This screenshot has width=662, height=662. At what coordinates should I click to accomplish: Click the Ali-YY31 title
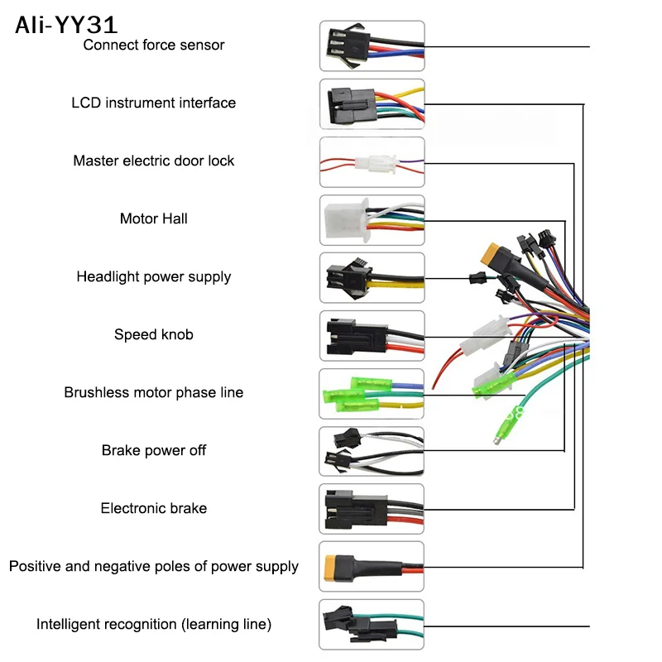66,25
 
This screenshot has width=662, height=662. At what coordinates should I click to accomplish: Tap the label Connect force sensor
154,45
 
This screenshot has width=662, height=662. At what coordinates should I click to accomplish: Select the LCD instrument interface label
154,103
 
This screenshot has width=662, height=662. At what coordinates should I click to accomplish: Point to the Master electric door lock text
154,161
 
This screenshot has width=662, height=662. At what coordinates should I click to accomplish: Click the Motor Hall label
154,218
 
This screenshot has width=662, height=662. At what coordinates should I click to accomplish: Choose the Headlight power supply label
154,276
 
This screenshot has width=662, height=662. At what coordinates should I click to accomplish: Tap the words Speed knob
154,334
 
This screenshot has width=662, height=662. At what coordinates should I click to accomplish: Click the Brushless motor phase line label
154,392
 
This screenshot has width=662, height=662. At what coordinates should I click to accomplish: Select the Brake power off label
154,450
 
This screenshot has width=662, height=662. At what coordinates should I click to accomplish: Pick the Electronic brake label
154,508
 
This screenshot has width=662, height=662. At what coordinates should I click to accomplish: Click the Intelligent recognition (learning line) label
154,624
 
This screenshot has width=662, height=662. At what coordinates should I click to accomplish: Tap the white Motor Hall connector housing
346,220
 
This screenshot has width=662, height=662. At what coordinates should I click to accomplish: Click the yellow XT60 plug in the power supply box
334,568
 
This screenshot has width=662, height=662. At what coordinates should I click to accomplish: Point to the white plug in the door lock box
376,163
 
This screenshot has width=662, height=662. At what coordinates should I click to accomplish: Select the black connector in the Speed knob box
357,337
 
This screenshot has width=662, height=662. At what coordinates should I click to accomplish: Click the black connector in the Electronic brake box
357,510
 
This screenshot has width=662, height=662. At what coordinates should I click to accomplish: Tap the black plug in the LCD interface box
351,105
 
